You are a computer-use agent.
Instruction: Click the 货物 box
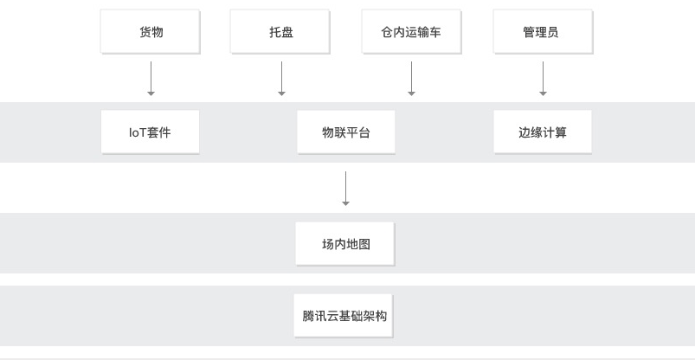coord(151,32)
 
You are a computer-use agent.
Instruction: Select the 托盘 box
coord(280,32)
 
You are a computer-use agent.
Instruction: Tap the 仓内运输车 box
coord(411,32)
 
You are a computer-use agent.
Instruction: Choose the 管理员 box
coord(543,32)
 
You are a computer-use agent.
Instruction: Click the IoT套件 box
coord(151,132)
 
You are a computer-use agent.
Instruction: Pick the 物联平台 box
coord(346,132)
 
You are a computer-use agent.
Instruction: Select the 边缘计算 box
coord(543,132)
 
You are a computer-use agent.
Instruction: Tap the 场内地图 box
coord(344,244)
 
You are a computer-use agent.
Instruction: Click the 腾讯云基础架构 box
coord(344,316)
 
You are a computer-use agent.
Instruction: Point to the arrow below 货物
coord(151,79)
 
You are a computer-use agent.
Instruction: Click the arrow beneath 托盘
coord(281,79)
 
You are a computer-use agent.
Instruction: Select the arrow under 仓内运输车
coord(411,79)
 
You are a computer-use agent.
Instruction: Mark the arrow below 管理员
coord(543,79)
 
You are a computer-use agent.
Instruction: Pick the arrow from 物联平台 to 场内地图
coord(345,189)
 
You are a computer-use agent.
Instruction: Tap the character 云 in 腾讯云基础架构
coord(332,316)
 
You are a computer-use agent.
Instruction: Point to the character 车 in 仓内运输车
coord(434,32)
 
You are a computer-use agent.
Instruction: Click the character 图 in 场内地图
coord(364,244)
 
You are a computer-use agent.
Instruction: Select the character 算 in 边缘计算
coord(561,132)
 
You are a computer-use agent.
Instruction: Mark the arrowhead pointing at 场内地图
coord(345,203)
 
